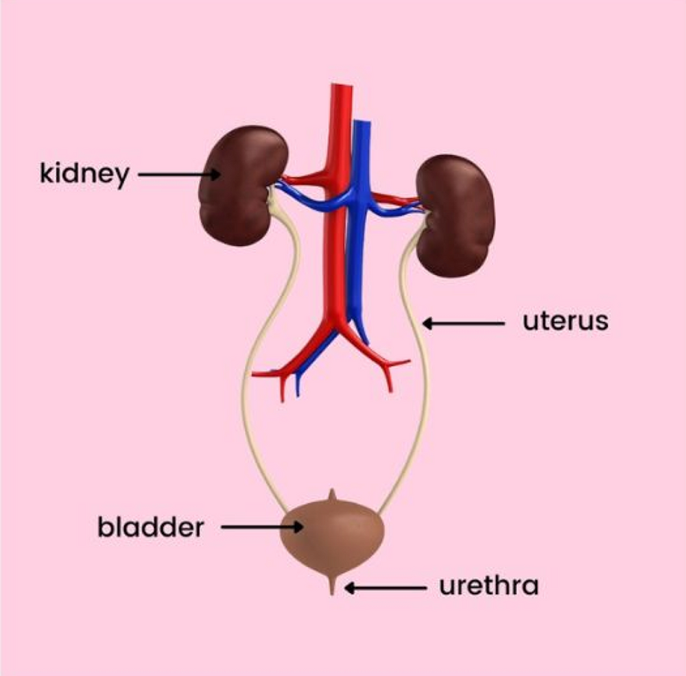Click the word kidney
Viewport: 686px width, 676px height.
coord(84,174)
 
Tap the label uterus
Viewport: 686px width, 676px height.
coord(565,322)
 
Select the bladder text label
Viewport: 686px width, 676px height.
coord(150,527)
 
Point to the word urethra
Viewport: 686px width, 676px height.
coord(488,586)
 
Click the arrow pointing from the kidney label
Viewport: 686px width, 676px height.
coord(179,174)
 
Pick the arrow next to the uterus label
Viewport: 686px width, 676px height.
coord(463,324)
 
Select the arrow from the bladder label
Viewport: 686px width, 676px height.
coord(262,527)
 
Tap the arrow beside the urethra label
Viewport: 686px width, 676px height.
coord(386,588)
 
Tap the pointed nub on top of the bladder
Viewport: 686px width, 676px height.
coord(332,495)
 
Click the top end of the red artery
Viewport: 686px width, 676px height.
coord(341,85)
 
